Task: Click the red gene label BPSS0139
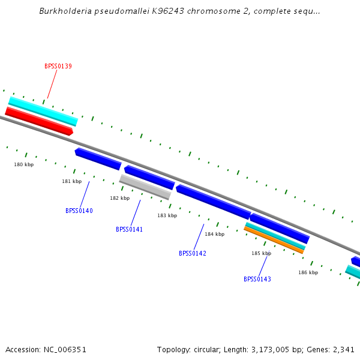tap(58, 66)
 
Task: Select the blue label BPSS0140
tap(79, 211)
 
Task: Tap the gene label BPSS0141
tap(129, 229)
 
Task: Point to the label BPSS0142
tap(192, 253)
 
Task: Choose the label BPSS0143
tap(257, 279)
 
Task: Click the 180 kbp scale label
tap(24, 164)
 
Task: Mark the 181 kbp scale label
tap(71, 181)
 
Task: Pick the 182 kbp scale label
tap(119, 198)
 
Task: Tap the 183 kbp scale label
tap(167, 215)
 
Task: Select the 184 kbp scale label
tap(214, 234)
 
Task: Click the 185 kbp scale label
tap(261, 253)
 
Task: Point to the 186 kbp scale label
tap(308, 272)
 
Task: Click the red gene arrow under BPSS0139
tap(39, 121)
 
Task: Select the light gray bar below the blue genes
tap(145, 187)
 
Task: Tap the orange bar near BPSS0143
tap(274, 240)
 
